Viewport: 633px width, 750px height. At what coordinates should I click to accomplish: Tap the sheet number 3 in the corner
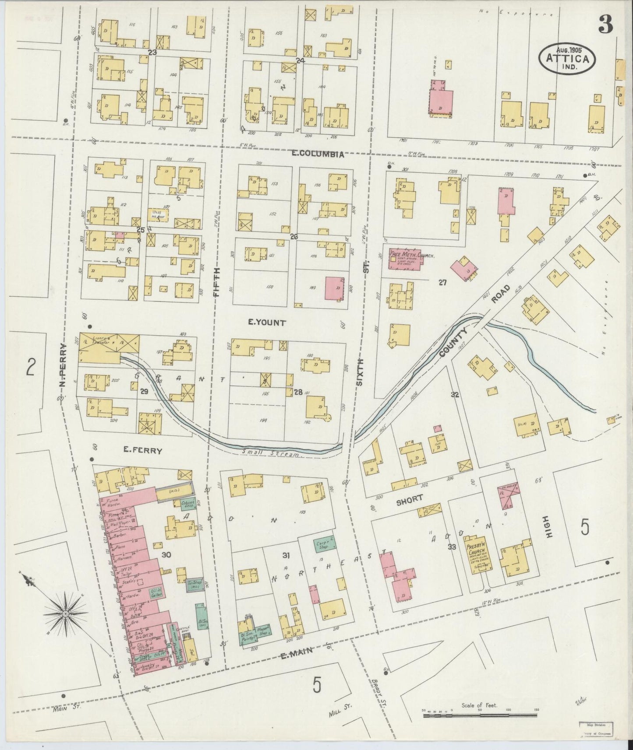tap(606, 26)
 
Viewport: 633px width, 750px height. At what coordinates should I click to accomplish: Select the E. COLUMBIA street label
tap(318, 154)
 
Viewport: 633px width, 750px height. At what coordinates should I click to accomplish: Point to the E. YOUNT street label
tap(267, 323)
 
